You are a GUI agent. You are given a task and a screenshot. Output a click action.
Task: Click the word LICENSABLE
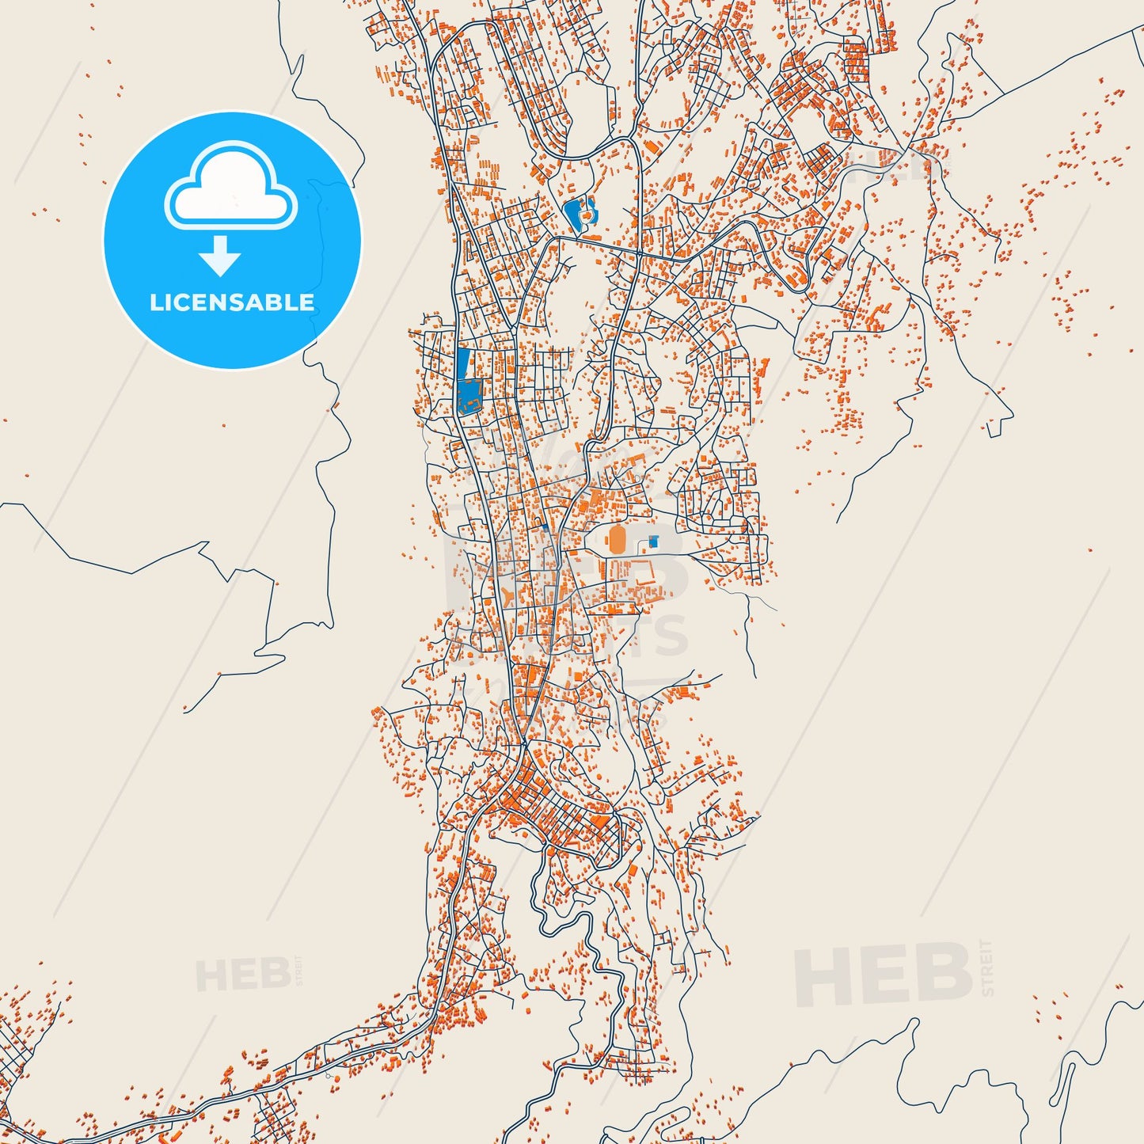click(232, 302)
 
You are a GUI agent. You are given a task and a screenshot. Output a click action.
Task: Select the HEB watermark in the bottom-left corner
click(242, 975)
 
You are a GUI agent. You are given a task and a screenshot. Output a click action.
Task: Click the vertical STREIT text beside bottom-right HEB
click(986, 967)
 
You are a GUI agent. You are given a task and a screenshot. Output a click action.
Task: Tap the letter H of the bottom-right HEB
click(823, 977)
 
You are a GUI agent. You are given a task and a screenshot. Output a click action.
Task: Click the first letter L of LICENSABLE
click(156, 302)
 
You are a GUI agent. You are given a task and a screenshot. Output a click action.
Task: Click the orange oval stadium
click(617, 541)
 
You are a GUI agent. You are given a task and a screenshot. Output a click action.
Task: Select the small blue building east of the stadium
click(653, 542)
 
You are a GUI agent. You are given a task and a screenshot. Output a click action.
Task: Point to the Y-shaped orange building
click(507, 595)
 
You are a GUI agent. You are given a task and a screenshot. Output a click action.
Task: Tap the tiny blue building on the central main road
click(545, 528)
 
